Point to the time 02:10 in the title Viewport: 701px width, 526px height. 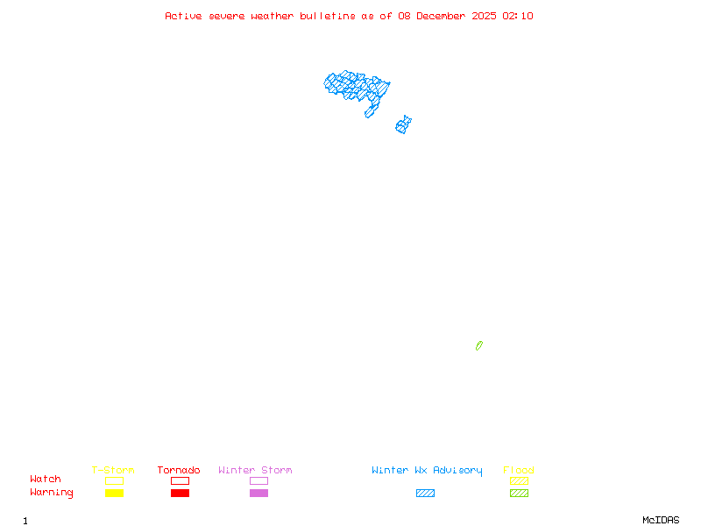(x=518, y=16)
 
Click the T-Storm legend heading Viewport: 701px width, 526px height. (x=113, y=470)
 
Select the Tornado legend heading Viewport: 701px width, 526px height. (x=179, y=470)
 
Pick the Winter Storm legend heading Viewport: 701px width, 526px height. (x=255, y=470)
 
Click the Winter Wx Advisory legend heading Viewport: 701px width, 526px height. (x=427, y=470)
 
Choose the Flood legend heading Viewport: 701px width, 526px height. (x=519, y=470)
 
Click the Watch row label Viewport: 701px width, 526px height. (x=46, y=480)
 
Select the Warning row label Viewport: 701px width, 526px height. (x=52, y=493)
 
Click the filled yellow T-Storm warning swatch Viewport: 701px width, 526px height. (x=114, y=494)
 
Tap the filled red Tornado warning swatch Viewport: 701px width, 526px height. (x=180, y=494)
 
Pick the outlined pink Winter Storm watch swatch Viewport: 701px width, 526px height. (x=258, y=480)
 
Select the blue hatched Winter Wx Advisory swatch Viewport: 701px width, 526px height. (x=425, y=494)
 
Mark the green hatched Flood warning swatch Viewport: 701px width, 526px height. (x=519, y=494)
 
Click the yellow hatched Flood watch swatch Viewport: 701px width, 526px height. (x=519, y=480)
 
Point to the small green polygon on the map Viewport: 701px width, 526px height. (x=479, y=345)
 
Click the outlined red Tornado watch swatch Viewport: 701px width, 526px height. (x=180, y=480)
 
